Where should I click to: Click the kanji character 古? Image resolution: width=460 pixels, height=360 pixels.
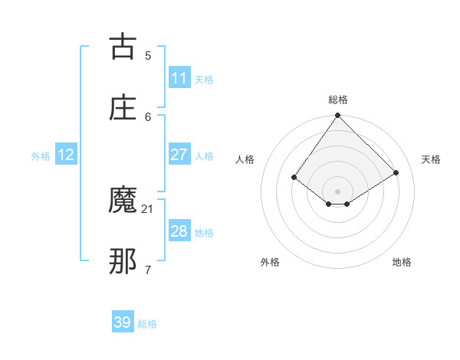(x=123, y=47)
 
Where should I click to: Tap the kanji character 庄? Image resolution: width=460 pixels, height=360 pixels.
(x=123, y=108)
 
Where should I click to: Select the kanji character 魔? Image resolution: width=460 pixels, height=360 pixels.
(x=123, y=201)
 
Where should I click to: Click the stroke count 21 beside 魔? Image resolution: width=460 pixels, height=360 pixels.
(x=148, y=208)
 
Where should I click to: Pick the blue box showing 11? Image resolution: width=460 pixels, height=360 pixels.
(x=179, y=78)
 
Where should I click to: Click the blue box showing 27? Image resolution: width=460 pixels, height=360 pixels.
(x=179, y=155)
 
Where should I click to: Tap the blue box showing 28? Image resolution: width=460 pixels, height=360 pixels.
(x=179, y=231)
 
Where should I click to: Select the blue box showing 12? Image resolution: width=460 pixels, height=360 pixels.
(x=66, y=155)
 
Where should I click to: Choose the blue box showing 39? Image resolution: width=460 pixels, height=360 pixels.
(x=123, y=322)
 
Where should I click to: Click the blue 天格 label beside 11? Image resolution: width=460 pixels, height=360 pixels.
(x=203, y=79)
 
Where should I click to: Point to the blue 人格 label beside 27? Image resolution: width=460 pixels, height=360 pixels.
(x=203, y=155)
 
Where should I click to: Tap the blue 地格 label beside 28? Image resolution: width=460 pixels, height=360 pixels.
(x=203, y=232)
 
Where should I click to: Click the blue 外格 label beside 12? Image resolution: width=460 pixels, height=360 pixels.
(x=41, y=155)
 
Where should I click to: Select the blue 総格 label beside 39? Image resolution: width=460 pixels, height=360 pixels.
(x=147, y=324)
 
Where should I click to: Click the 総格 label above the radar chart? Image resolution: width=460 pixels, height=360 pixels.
(x=338, y=100)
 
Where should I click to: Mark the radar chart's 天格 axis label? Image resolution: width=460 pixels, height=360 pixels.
(x=432, y=159)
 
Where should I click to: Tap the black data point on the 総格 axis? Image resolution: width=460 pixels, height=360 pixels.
(x=338, y=116)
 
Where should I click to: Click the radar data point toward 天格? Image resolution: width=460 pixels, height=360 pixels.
(x=396, y=173)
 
